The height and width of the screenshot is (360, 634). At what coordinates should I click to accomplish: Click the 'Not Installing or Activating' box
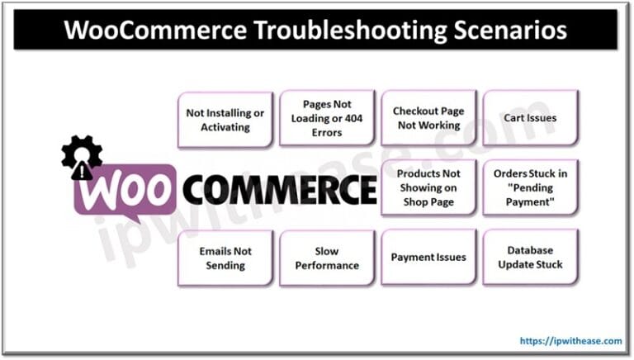[x=225, y=120]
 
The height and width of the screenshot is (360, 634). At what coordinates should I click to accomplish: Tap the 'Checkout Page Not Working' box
[x=428, y=118]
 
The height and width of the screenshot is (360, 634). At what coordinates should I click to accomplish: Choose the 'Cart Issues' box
[x=530, y=118]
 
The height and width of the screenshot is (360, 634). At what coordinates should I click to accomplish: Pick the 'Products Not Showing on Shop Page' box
[x=428, y=187]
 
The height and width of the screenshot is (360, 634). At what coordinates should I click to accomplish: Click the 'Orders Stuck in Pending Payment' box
[x=530, y=187]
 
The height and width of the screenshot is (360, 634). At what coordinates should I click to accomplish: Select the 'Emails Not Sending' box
[x=225, y=258]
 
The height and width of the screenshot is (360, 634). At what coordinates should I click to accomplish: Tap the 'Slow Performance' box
[x=326, y=258]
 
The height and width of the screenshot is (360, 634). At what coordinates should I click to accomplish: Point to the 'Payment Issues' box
[x=428, y=258]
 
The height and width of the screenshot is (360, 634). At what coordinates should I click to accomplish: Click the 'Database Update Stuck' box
[x=530, y=258]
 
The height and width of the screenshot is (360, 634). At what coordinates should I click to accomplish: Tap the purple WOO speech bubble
[x=124, y=192]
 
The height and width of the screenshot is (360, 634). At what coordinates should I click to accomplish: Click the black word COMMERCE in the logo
[x=279, y=191]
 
